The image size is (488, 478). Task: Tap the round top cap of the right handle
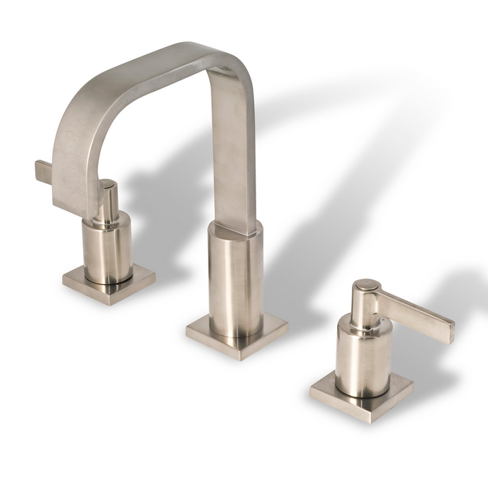[367, 286]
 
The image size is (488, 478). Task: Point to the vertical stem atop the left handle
[108, 201]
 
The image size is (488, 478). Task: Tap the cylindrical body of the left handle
[107, 249]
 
